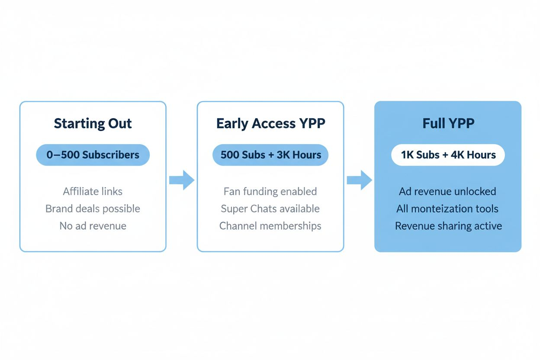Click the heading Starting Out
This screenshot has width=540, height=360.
tap(93, 123)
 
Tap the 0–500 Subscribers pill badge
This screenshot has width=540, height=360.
tap(93, 155)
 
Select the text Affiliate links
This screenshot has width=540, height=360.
tap(93, 191)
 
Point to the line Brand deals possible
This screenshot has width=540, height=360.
tap(93, 209)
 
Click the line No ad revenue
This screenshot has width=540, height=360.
tap(93, 226)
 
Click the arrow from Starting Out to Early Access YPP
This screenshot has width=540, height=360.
tap(181, 180)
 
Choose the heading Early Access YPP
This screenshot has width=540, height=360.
tap(270, 123)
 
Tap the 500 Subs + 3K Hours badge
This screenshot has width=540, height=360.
tap(270, 155)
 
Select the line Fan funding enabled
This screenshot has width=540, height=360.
tap(270, 191)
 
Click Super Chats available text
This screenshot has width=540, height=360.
tap(270, 209)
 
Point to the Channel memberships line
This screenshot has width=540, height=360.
tap(270, 226)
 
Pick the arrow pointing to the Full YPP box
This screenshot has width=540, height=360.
tap(359, 180)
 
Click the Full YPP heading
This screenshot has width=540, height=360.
tap(448, 123)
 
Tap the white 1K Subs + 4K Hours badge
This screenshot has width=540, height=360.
tap(448, 155)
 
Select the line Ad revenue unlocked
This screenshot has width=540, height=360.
tap(448, 191)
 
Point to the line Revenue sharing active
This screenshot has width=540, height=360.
tap(448, 226)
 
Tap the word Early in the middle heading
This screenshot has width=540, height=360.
tap(232, 123)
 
